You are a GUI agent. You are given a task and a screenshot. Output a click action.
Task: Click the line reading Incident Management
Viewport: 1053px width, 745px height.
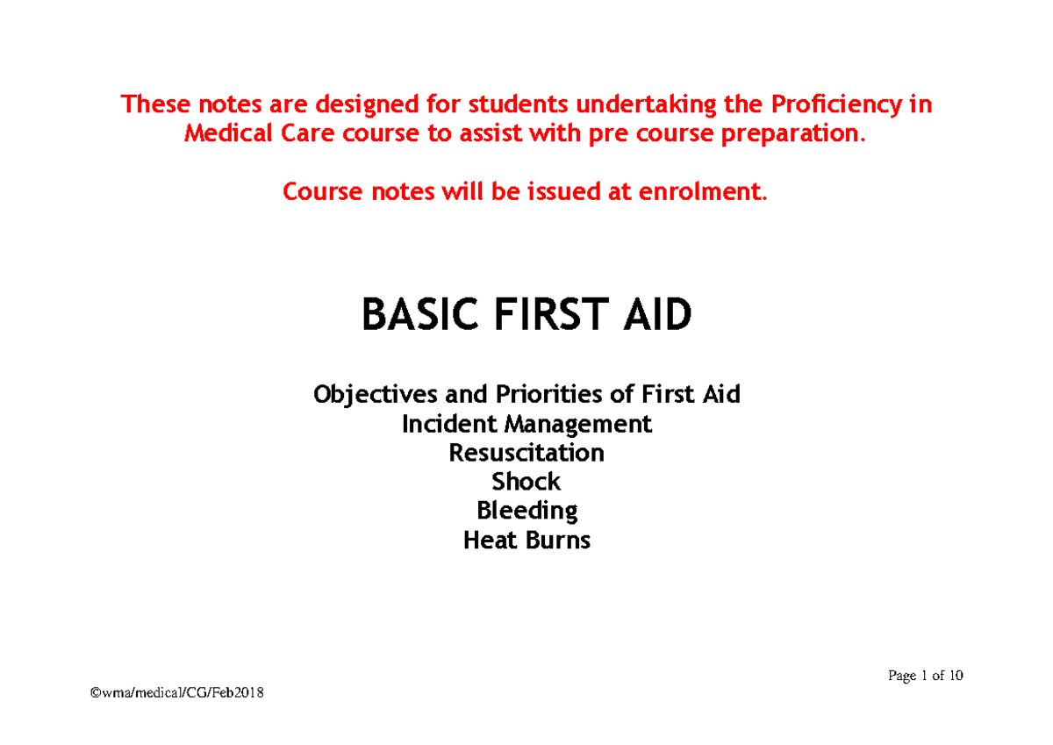(526, 425)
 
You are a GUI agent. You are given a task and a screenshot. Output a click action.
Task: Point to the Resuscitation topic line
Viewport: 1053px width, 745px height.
(526, 454)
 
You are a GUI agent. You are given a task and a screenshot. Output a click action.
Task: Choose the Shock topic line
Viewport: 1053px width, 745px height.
(526, 482)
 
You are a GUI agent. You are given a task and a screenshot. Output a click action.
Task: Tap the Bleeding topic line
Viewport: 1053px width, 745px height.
(526, 511)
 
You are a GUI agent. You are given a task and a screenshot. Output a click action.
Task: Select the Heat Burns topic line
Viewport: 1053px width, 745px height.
(526, 540)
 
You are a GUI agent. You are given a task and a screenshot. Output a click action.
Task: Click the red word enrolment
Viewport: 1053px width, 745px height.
(713, 192)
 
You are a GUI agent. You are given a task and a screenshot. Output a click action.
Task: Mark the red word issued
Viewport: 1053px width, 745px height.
(567, 192)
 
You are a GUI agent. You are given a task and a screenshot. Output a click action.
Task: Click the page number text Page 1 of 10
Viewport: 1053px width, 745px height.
(926, 676)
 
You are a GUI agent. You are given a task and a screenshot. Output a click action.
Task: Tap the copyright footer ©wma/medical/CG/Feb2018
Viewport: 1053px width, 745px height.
(176, 694)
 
